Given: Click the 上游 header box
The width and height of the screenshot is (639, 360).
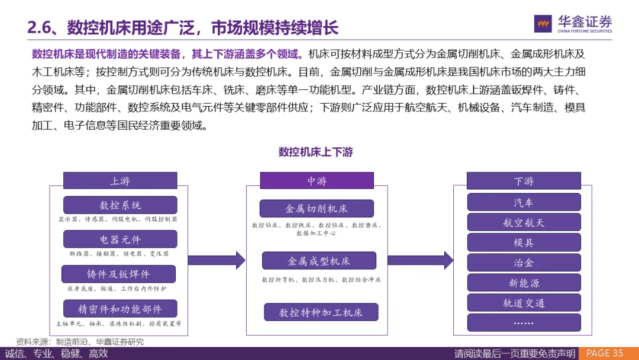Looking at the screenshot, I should [x=120, y=181].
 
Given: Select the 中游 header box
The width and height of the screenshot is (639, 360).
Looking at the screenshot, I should [x=317, y=181].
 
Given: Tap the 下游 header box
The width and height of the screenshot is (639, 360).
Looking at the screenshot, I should [x=523, y=181].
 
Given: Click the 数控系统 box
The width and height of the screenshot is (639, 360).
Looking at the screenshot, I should [x=120, y=205].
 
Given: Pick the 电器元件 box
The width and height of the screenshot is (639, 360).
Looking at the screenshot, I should [x=120, y=239].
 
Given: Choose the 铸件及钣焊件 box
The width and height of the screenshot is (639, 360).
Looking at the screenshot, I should [x=118, y=274].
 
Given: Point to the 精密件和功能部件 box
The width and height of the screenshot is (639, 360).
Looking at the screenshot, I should [x=120, y=308].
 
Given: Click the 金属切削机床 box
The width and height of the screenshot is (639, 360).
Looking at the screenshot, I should [x=317, y=208].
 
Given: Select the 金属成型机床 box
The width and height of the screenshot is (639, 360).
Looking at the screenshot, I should [x=319, y=261].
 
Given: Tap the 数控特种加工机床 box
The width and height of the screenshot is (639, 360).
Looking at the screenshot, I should [x=321, y=312].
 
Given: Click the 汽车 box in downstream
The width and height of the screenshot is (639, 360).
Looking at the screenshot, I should [x=523, y=202].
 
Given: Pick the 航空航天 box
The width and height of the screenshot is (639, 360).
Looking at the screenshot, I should [x=523, y=222].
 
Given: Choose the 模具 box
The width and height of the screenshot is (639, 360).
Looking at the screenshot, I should [x=523, y=242].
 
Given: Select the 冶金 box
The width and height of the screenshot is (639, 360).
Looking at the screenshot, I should [x=523, y=262].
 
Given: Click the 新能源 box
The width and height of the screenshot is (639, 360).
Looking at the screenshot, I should [x=523, y=282].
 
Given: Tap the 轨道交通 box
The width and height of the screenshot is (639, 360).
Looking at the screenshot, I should [x=523, y=303].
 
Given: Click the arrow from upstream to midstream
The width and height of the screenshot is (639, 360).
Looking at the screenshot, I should [x=216, y=260].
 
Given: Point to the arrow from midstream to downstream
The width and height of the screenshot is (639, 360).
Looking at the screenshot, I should [x=420, y=260].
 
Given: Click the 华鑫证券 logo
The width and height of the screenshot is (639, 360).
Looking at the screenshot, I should [x=573, y=24].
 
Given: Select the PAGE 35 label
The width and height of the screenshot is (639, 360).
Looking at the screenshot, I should [x=605, y=353].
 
